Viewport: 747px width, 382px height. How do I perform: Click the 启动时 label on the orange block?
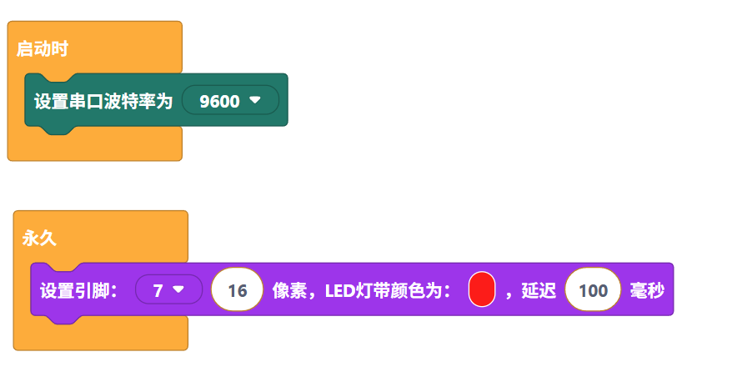coord(42,48)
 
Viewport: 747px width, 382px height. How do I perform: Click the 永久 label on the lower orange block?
coord(38,238)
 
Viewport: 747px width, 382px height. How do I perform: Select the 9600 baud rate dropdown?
coord(229,101)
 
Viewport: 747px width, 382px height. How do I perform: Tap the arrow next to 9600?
coord(255,100)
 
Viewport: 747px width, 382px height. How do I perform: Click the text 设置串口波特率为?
coord(103,101)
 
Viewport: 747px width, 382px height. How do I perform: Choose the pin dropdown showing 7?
coord(168,289)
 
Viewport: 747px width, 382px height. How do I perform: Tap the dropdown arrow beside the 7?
coord(178,289)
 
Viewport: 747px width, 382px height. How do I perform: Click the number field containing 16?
coord(237,290)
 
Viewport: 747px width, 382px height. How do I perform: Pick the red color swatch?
coord(482,289)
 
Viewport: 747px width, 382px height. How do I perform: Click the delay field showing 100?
coord(593,290)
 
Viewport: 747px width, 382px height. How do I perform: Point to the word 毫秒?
coord(647,290)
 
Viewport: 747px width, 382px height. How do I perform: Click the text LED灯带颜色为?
coord(384,290)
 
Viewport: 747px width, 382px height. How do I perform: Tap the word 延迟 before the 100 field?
coord(539,290)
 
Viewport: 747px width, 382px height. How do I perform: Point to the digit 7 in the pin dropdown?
coord(158,290)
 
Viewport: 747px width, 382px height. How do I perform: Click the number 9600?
coord(220,101)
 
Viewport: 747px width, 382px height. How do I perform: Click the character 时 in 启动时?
coord(59,48)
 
